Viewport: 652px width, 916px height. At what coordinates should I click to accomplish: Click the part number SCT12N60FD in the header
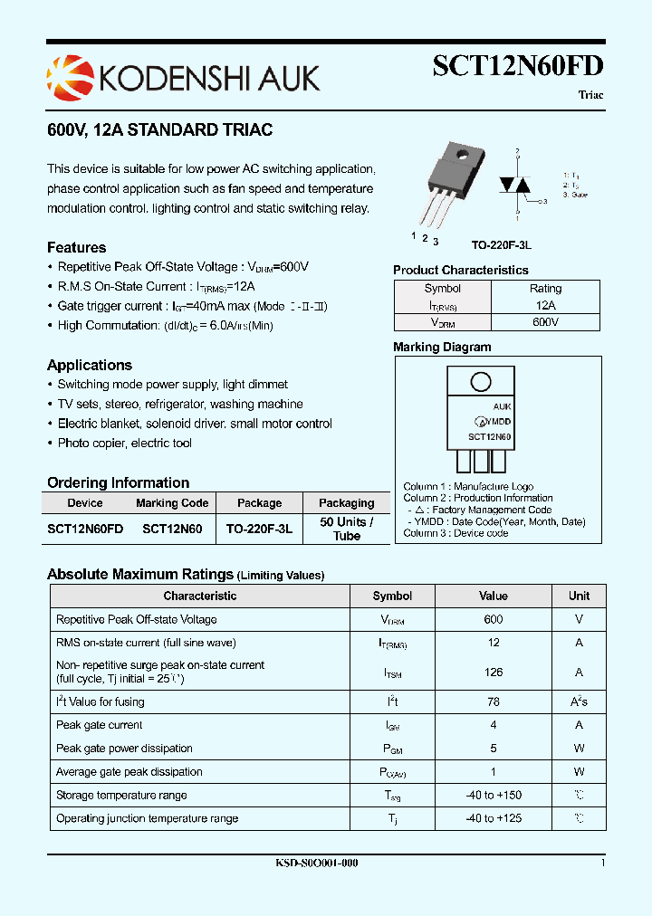pyautogui.click(x=517, y=67)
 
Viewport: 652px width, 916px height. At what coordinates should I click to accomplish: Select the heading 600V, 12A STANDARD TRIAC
pyautogui.click(x=159, y=130)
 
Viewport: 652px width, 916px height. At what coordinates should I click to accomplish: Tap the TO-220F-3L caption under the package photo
pyautogui.click(x=501, y=245)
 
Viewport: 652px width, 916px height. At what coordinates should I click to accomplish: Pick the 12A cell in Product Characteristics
pyautogui.click(x=545, y=306)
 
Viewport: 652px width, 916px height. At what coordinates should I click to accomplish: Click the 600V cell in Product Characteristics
pyautogui.click(x=545, y=322)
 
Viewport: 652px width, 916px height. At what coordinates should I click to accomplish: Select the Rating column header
pyautogui.click(x=545, y=289)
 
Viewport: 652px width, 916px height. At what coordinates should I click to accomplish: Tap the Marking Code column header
pyautogui.click(x=172, y=503)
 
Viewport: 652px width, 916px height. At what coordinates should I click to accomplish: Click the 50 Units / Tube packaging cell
pyautogui.click(x=346, y=529)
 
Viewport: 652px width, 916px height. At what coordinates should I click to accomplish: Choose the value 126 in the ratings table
pyautogui.click(x=494, y=673)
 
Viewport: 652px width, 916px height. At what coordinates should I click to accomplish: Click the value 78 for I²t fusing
pyautogui.click(x=494, y=701)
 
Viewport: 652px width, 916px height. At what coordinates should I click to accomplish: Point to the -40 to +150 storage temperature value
pyautogui.click(x=494, y=796)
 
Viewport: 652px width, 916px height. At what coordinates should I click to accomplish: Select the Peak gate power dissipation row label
pyautogui.click(x=124, y=749)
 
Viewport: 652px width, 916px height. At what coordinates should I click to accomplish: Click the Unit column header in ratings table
pyautogui.click(x=579, y=596)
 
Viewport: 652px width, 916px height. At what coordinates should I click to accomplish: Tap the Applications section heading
pyautogui.click(x=90, y=366)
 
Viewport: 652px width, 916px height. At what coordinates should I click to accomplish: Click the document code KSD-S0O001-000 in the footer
pyautogui.click(x=316, y=864)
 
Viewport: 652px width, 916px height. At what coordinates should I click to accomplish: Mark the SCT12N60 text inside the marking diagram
pyautogui.click(x=489, y=436)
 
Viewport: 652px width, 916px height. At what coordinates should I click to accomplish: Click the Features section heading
pyautogui.click(x=76, y=248)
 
